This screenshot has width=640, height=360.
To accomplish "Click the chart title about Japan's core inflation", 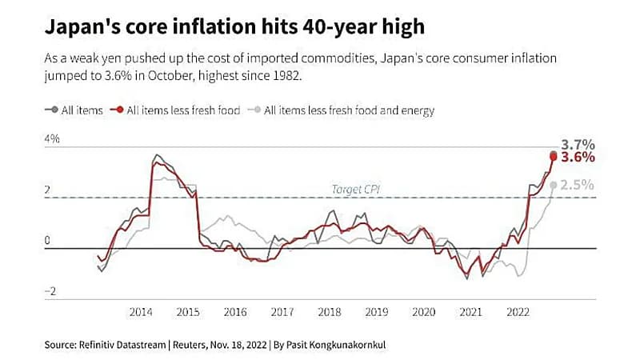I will (x=233, y=27).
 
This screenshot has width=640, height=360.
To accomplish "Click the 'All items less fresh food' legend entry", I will (x=183, y=110).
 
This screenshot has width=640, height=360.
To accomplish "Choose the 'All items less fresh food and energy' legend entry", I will (x=349, y=110).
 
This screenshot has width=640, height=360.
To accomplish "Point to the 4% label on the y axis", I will (x=52, y=139).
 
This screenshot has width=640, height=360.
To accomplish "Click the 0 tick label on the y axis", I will (x=47, y=241).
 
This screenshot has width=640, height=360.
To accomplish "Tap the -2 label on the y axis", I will (x=51, y=292).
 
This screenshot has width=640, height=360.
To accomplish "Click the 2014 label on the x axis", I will (x=141, y=312).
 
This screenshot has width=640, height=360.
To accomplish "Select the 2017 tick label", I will (x=282, y=312).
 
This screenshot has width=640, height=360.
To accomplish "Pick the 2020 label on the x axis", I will (x=423, y=312).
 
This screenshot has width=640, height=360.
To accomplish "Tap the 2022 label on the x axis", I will (x=518, y=312).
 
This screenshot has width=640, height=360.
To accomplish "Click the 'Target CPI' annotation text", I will (x=355, y=190).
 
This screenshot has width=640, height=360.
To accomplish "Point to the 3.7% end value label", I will (x=578, y=145).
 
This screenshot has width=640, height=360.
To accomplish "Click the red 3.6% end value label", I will (x=578, y=158).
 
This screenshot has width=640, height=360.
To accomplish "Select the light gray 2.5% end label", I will (x=578, y=185).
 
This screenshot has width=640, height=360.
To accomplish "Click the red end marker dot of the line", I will (x=554, y=156).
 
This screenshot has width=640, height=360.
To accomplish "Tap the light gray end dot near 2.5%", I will (x=554, y=186).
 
